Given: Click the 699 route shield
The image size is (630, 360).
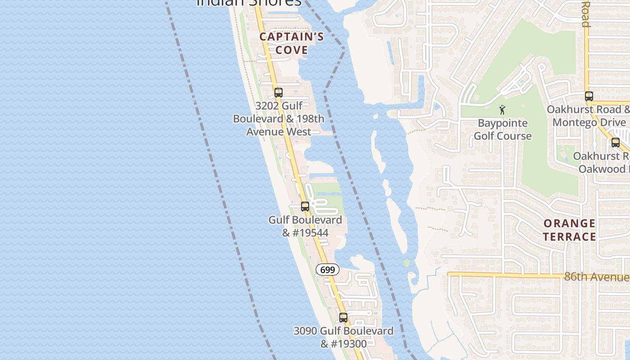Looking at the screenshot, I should tap(328, 270).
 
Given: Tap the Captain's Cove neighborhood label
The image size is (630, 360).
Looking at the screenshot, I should tap(292, 43).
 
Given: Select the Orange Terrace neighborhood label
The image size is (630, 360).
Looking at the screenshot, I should tap(569, 230).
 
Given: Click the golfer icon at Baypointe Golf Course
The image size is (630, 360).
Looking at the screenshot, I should tap(502, 109).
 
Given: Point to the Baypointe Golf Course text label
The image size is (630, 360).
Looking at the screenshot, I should tap(503, 129).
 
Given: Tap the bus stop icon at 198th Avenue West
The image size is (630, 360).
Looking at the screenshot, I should tap(279, 93).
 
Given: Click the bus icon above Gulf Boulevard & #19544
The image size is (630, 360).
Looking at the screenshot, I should tap(305, 207).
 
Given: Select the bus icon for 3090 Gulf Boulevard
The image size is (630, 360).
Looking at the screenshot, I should tap(343, 317).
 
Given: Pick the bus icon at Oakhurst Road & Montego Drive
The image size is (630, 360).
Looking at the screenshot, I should tap(589, 96).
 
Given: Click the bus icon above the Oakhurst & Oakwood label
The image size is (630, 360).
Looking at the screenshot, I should tap(615, 143).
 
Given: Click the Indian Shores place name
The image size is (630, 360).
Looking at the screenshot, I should tap(249, 2).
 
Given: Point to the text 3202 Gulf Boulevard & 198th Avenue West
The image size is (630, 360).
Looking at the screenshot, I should tap(279, 119).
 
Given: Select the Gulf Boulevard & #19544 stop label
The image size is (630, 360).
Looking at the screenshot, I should tap(305, 226).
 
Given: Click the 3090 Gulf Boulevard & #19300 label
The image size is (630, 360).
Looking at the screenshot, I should tap(343, 337).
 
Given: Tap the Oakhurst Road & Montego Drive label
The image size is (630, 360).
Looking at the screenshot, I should tap(588, 116).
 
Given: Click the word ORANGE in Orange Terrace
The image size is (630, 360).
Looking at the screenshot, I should tap(569, 224).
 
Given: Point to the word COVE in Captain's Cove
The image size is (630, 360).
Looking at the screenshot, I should tap(292, 50).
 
